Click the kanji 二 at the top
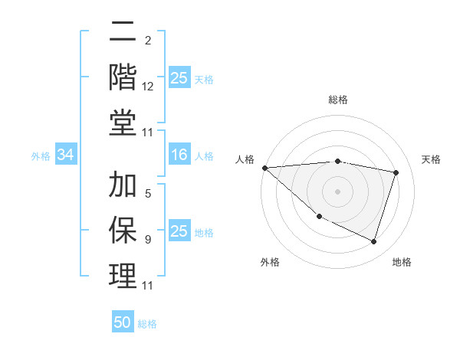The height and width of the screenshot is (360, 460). [x=123, y=32]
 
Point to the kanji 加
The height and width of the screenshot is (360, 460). [x=123, y=185]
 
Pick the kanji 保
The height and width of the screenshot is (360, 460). [x=123, y=230]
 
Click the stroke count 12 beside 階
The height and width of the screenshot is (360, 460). [x=148, y=88]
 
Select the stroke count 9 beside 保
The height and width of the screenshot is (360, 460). [x=147, y=240]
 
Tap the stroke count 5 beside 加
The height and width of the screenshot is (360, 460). [x=147, y=194]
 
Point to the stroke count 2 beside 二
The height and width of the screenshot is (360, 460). [x=147, y=41]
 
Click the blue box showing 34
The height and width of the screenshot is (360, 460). [x=66, y=155]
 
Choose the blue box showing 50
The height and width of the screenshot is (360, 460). [x=123, y=322]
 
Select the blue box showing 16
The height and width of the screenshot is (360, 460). [x=179, y=155]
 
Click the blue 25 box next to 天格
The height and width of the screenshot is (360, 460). [x=179, y=78]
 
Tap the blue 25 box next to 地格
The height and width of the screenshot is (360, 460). [x=179, y=232]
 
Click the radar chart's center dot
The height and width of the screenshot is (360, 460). [x=337, y=191]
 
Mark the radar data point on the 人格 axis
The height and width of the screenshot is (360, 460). [x=264, y=168]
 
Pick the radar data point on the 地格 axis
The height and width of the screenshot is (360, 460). [x=373, y=241]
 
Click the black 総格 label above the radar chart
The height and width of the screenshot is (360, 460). [x=337, y=100]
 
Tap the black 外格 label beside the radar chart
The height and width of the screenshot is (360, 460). [x=270, y=262]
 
